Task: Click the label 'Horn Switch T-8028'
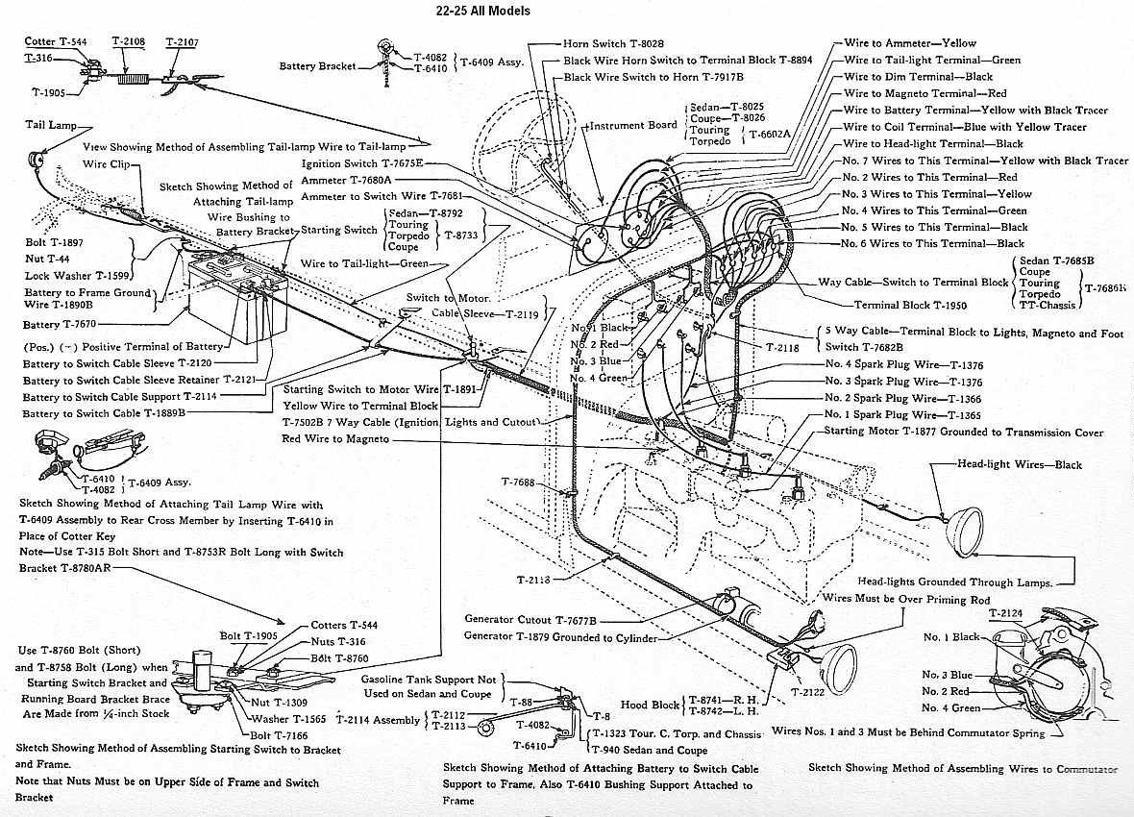[x=616, y=43]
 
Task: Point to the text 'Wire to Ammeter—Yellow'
[x=909, y=43]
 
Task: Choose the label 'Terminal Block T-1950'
[x=910, y=306]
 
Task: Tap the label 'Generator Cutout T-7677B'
[x=530, y=619]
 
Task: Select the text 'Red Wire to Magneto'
[x=335, y=438]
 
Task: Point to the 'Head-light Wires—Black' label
[x=1019, y=465]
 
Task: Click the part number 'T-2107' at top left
[x=182, y=42]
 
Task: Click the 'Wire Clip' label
[x=107, y=164]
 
